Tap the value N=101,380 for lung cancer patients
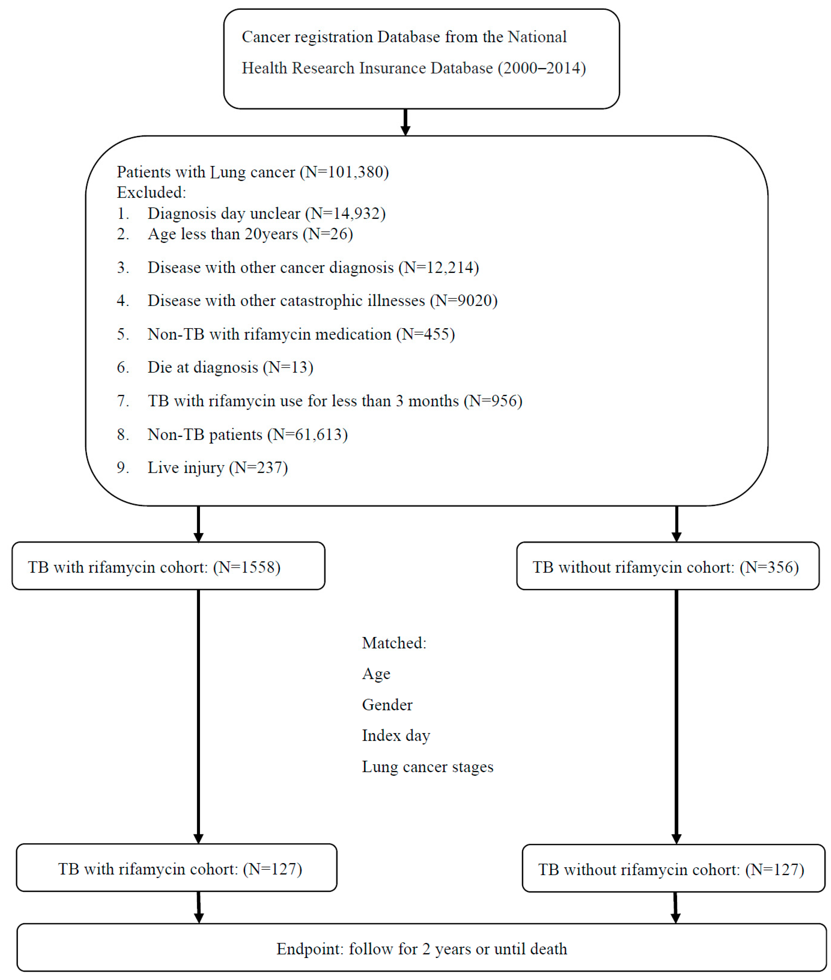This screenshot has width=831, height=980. point(346,172)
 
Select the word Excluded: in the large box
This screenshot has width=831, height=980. point(151,193)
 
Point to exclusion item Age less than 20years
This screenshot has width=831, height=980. point(250,234)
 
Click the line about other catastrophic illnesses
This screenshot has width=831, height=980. point(322,301)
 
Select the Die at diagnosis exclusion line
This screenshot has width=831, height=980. point(231,367)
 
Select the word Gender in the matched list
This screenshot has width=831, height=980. point(387,705)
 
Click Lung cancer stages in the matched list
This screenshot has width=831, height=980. point(427,767)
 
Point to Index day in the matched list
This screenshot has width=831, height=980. point(396,736)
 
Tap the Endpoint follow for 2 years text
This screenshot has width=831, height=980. point(422,949)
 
